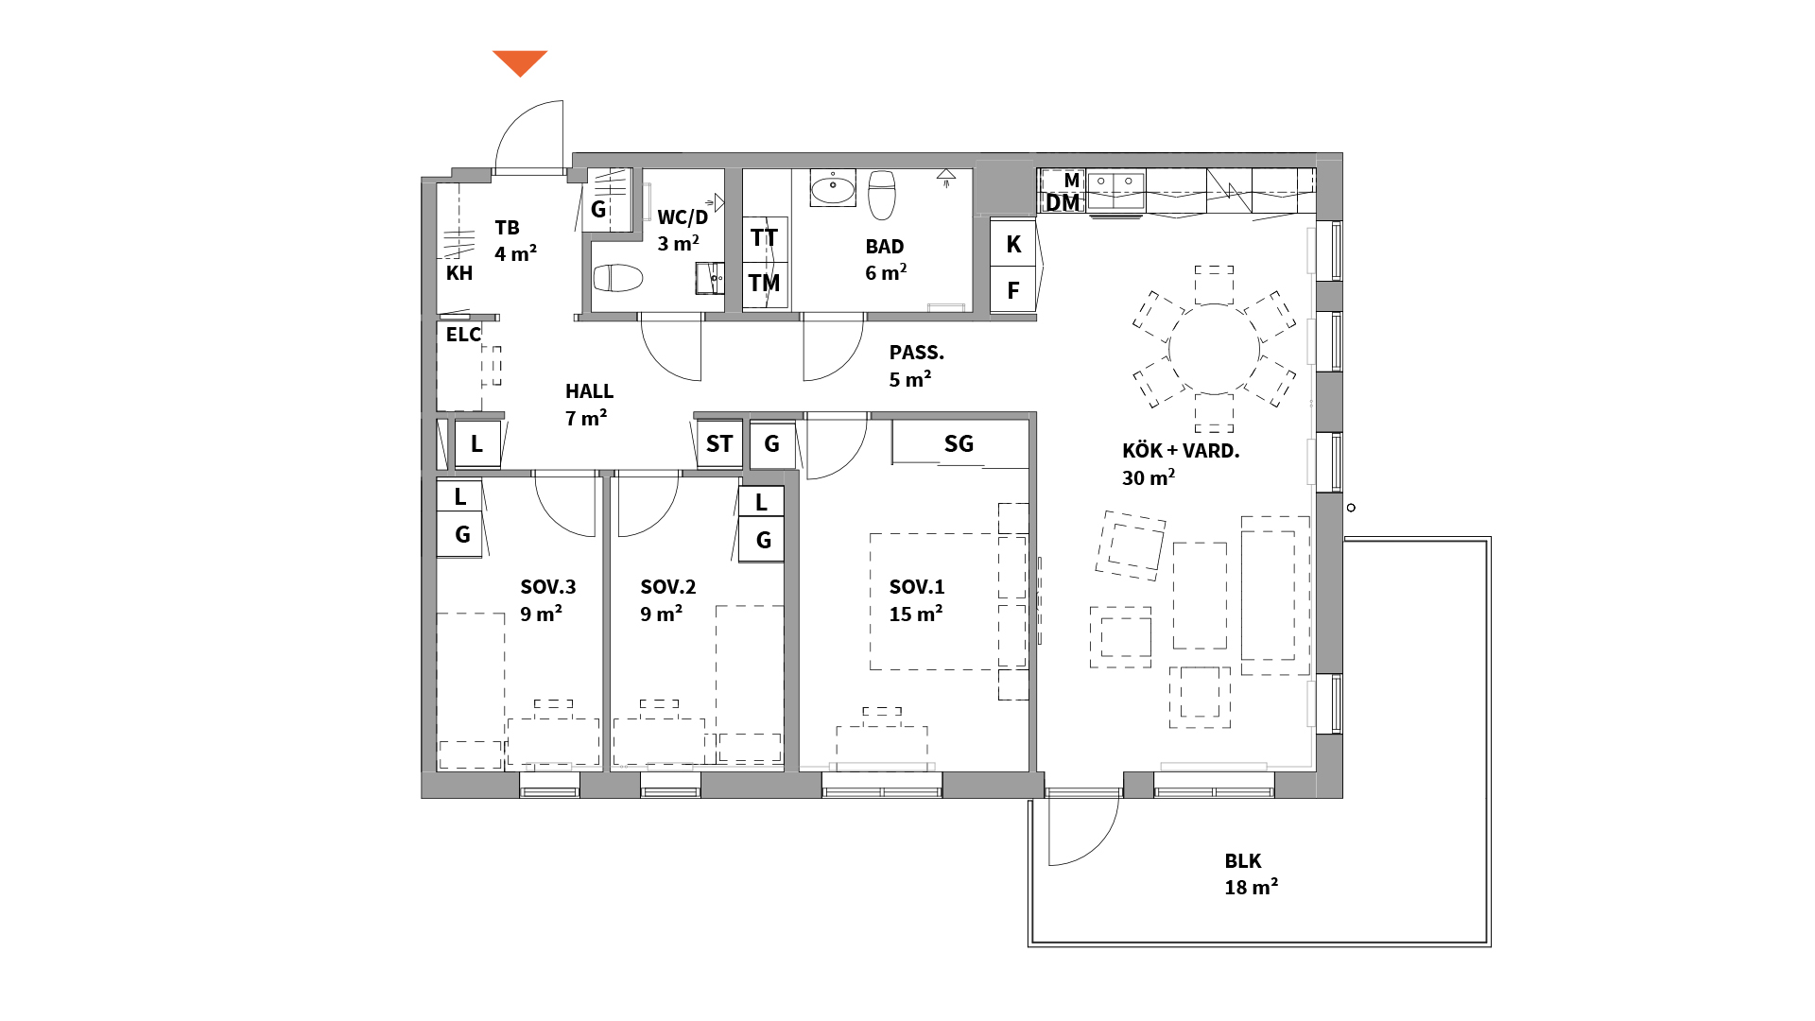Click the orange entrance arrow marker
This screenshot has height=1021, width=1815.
(520, 62)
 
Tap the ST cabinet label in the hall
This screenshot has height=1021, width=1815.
(719, 443)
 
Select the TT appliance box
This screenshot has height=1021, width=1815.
(765, 238)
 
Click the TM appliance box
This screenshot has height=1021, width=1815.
(765, 283)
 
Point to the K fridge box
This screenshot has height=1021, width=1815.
(1013, 244)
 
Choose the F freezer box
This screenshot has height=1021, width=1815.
(1013, 290)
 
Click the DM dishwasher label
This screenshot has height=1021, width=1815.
(1063, 203)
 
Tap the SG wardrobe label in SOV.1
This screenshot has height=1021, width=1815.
(959, 443)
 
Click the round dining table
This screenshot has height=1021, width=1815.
(1215, 349)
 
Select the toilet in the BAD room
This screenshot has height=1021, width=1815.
(882, 193)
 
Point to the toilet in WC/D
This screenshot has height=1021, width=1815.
(618, 278)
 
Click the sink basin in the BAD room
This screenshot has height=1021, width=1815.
(833, 187)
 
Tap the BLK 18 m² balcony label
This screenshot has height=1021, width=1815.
(1251, 874)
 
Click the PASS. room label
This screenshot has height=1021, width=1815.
(916, 366)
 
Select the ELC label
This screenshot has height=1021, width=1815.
(463, 335)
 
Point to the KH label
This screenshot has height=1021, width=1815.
(459, 273)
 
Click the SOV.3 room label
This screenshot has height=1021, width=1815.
(547, 600)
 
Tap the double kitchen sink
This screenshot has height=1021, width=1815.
(1115, 188)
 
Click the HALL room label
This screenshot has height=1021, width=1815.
(589, 405)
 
